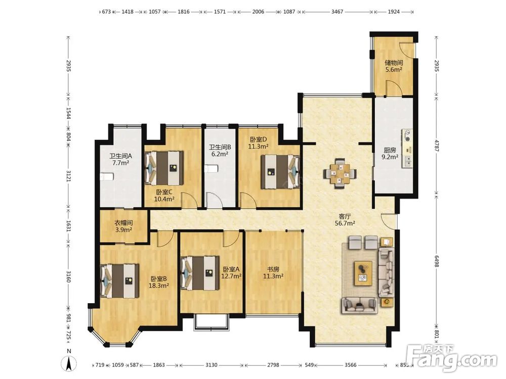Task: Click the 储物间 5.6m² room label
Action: [x=393, y=66]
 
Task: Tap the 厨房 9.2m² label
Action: [x=390, y=154]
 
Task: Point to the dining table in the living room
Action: [x=340, y=173]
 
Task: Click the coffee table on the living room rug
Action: [x=363, y=273]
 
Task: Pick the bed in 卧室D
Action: [x=280, y=171]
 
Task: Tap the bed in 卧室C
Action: [x=164, y=168]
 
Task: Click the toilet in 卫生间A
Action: [x=106, y=176]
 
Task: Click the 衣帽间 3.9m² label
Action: [x=124, y=226]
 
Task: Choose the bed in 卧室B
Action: [x=120, y=280]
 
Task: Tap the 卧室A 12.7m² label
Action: [x=231, y=273]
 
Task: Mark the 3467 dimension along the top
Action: [x=337, y=12]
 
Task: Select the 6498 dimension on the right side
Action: [x=437, y=261]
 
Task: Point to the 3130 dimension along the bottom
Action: [x=212, y=365]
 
